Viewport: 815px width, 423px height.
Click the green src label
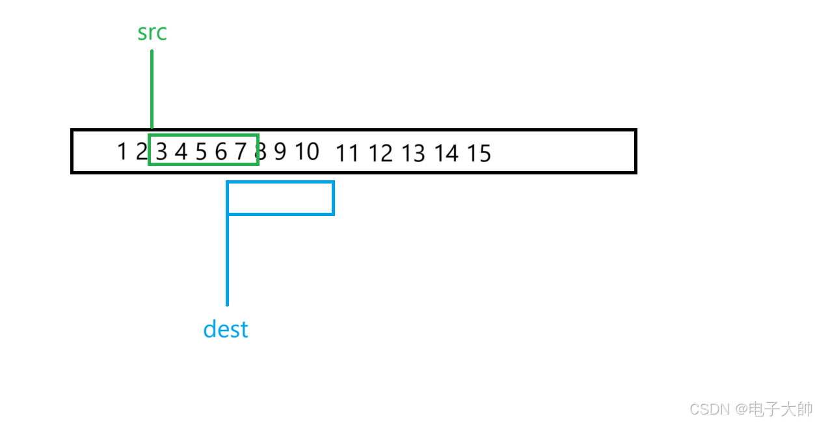click(x=152, y=33)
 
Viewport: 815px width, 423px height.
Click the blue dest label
click(x=226, y=329)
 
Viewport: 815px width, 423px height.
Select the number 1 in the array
click(x=122, y=152)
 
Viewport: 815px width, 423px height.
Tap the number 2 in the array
click(x=141, y=152)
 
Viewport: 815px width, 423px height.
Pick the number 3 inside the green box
click(x=161, y=152)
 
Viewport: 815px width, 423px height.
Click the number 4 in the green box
click(x=181, y=152)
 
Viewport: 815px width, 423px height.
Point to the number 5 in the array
click(x=201, y=152)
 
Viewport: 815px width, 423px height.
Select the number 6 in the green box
click(x=221, y=152)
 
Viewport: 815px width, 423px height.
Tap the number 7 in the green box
click(x=241, y=152)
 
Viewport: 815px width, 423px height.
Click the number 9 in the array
click(x=280, y=152)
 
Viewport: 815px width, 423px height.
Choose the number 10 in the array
click(x=307, y=152)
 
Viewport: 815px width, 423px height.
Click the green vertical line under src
click(x=152, y=91)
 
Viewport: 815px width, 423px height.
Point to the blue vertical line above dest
click(x=227, y=260)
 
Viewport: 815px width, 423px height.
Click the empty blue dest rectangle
click(x=280, y=198)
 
